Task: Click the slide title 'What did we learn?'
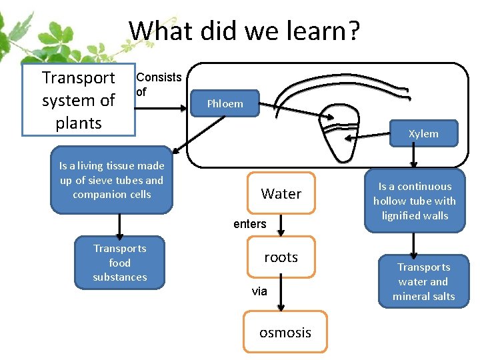point(244,31)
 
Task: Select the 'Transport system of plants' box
point(78,100)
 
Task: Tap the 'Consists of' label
point(158,84)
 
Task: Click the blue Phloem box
point(225,103)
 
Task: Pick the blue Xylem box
point(423,133)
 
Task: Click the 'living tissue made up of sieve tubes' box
point(111,180)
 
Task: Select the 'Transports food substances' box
point(119,263)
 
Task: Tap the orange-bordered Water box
point(281,193)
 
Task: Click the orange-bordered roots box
point(281,257)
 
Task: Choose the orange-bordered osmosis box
point(285,332)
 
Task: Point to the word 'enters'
point(249,224)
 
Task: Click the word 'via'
point(259,291)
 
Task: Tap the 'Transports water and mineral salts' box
point(423,281)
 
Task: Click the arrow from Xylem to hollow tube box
point(414,157)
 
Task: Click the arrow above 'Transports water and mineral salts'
point(414,244)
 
